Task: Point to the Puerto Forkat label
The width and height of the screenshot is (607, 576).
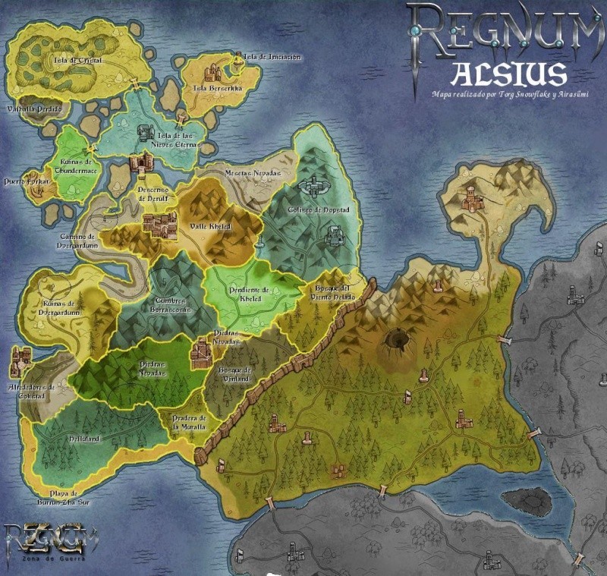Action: (26, 182)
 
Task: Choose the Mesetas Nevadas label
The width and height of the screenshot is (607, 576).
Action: (253, 174)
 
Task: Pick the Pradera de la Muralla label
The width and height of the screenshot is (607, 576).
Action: (189, 423)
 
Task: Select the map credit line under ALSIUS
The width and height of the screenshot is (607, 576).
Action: (510, 95)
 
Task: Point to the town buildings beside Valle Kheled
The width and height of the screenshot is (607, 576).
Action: (159, 224)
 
